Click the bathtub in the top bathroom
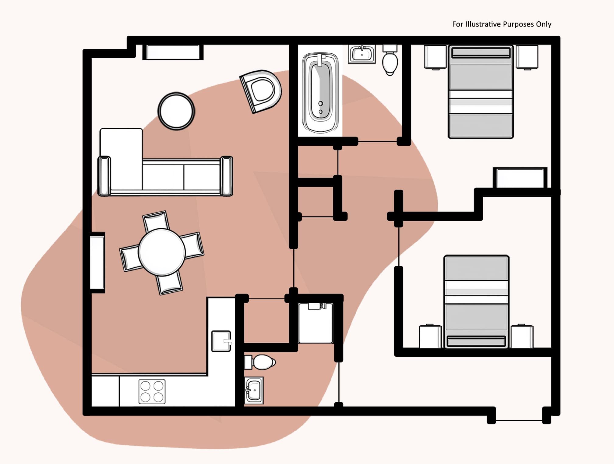pos(320,93)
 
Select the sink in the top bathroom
pos(362,54)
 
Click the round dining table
pos(162,252)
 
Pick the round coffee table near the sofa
pos(176,111)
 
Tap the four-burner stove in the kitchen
pos(152,391)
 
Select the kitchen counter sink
pos(221,341)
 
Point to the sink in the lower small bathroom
pos(254,391)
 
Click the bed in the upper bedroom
pos(481,91)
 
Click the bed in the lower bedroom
pos(476,302)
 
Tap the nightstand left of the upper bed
pos(435,57)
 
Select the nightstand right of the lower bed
pos(522,337)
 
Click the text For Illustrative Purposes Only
pos(502,24)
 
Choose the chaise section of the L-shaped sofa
pos(121,159)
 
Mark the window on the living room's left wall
pos(97,262)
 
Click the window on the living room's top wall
pos(173,52)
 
